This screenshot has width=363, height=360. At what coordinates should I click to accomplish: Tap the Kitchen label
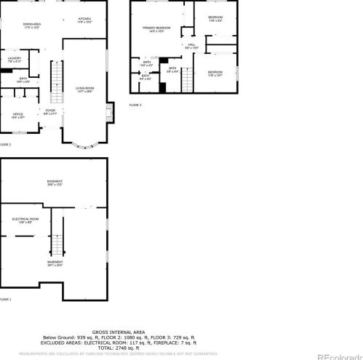tap(84, 20)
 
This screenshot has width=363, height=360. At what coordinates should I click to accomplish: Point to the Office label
tap(18, 115)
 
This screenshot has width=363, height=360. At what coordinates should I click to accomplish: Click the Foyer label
tap(50, 111)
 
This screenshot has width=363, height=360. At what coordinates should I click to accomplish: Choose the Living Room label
tap(85, 90)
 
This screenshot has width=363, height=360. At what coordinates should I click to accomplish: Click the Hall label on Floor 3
tap(192, 46)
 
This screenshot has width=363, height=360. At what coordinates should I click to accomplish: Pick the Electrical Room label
tap(25, 219)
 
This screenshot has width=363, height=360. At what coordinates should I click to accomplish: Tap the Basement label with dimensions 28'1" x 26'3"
tap(55, 263)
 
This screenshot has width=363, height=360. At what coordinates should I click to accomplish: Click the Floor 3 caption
tap(135, 105)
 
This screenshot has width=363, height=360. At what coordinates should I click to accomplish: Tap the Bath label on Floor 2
tap(23, 80)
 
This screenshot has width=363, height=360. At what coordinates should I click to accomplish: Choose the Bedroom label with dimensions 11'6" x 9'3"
tap(215, 19)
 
